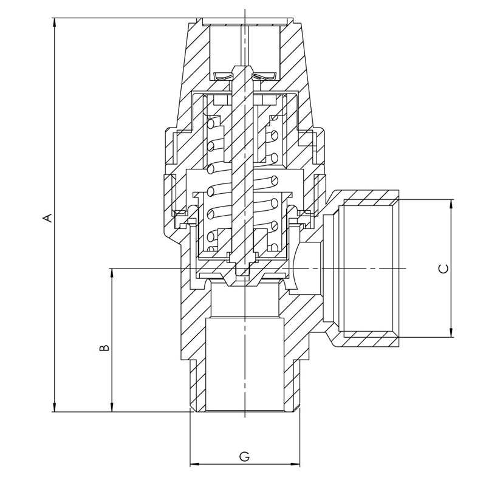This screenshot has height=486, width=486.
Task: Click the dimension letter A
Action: coord(46,217)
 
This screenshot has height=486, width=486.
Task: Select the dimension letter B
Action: coord(104,347)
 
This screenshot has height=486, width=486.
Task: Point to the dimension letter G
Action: coord(244,456)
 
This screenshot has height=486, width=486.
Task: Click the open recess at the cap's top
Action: coord(244,46)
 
